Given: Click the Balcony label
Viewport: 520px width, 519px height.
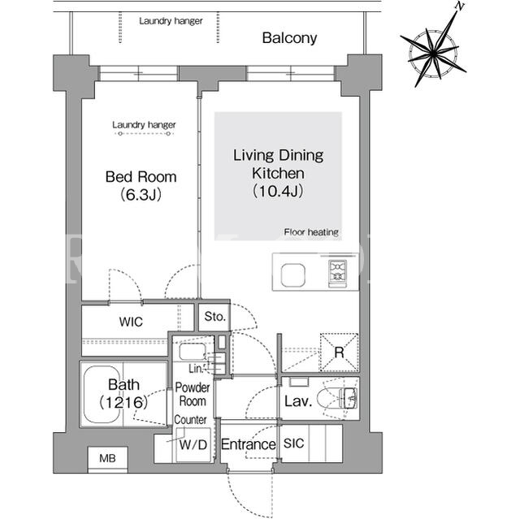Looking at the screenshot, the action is click(289, 38).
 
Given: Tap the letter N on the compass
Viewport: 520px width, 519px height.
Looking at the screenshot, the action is click(460, 6).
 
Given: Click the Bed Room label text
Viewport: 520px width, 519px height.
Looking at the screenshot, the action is click(141, 176).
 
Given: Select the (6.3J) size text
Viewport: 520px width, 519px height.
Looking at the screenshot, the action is click(141, 195).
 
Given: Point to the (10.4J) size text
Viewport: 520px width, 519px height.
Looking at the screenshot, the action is click(278, 191).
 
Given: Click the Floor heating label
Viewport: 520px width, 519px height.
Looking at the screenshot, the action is click(311, 232).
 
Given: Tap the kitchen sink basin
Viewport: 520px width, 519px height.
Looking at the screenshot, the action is click(292, 275).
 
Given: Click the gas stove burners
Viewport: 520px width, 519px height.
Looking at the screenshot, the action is click(338, 271).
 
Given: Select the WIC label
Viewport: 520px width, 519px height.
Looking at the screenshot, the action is click(131, 322).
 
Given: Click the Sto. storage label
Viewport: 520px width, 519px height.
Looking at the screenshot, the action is click(214, 317).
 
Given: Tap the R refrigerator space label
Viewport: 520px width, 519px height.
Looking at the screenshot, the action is click(339, 352).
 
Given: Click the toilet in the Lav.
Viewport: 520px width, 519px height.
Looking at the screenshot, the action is click(337, 398).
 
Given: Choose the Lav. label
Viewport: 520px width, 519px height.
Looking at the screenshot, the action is click(298, 401).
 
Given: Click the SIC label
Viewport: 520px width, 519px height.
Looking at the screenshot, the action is click(293, 443).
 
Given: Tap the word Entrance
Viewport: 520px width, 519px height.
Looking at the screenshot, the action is click(248, 444).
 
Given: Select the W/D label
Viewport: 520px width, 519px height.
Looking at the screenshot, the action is click(193, 444).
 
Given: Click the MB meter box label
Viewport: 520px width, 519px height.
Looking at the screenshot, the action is click(107, 458).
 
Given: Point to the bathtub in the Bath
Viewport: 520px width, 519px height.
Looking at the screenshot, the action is click(102, 395).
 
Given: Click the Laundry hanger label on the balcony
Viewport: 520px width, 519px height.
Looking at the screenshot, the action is click(171, 21).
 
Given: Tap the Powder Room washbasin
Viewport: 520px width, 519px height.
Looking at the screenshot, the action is click(193, 352).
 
